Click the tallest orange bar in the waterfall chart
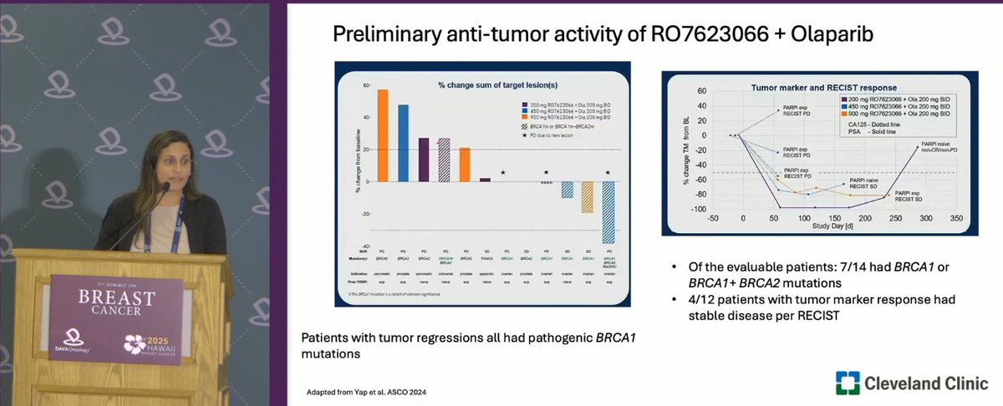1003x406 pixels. click(x=383, y=134)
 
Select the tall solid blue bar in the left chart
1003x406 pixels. click(x=404, y=142)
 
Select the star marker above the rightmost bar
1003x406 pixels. click(x=608, y=172)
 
